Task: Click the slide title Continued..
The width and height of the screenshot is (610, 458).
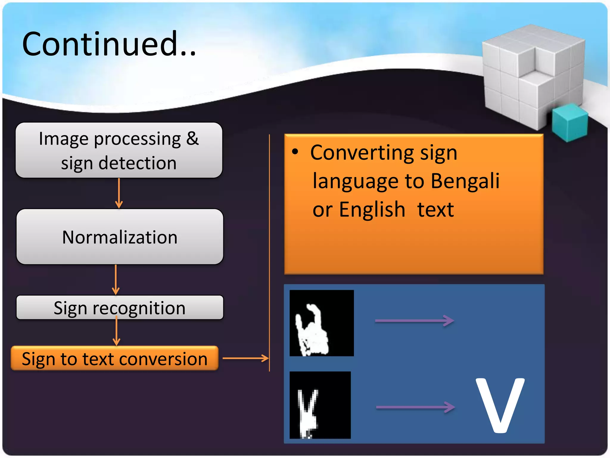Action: point(109,44)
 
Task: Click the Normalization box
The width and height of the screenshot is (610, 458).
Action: point(119,237)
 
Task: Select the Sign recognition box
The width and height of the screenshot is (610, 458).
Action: point(119,307)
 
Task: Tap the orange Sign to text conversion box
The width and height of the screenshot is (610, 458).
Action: point(115,358)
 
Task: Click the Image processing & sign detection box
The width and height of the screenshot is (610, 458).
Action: point(119,150)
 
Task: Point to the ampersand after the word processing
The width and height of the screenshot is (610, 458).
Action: point(192,139)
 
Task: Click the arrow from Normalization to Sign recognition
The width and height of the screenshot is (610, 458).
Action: point(116,280)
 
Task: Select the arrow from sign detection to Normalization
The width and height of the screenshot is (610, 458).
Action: point(119,193)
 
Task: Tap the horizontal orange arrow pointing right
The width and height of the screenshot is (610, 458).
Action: point(245,358)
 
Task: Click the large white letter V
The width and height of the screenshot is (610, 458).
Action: point(500,406)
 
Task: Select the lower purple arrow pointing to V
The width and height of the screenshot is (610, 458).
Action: point(415,407)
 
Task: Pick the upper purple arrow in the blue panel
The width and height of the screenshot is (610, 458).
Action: point(414,321)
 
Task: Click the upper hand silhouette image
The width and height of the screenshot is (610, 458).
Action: point(322,323)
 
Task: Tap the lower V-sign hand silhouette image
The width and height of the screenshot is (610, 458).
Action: point(320,405)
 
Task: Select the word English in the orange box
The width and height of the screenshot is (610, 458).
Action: point(372,210)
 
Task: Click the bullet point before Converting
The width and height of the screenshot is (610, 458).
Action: point(295,152)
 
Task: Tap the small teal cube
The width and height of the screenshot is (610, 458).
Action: point(569,123)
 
